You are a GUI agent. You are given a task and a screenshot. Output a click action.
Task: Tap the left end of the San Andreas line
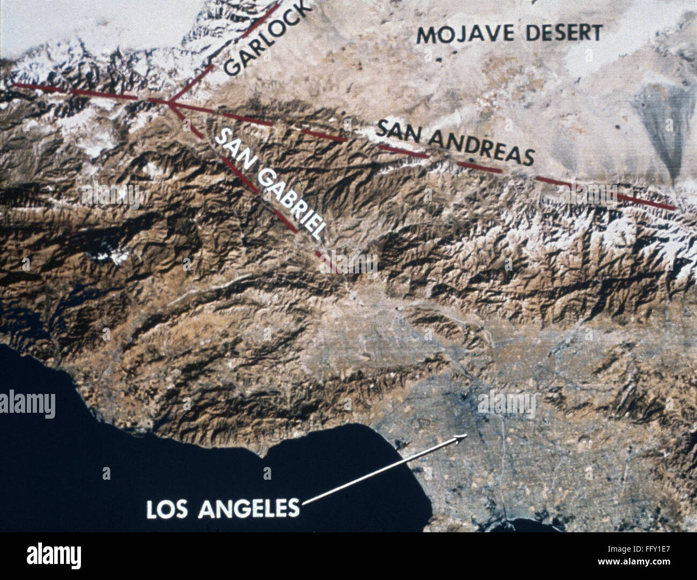coord(13,85)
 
